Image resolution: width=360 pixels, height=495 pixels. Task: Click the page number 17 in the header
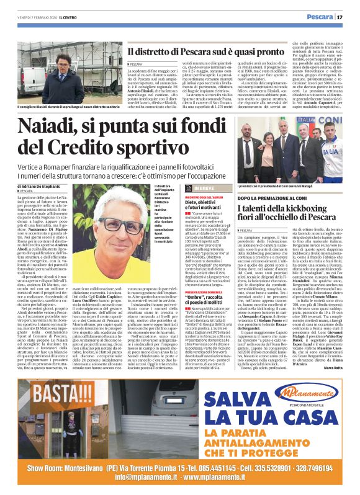point(349,17)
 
